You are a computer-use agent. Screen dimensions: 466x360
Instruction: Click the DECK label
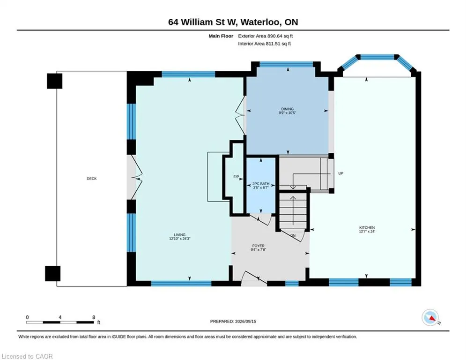(91, 179)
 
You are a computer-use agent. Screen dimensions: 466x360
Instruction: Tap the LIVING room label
(180, 235)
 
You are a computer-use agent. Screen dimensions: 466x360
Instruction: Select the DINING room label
(288, 109)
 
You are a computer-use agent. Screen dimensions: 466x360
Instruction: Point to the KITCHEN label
(367, 228)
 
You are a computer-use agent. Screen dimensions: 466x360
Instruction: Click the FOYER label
(258, 246)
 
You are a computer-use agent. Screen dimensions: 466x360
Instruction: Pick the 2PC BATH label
(261, 184)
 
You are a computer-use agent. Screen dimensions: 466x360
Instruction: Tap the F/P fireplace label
(236, 177)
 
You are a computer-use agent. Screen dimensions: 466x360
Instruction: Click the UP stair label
(341, 173)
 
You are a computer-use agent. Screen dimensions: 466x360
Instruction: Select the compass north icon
(430, 318)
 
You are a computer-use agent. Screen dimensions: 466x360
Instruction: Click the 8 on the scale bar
(94, 317)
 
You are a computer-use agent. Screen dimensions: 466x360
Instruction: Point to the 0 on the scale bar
(27, 317)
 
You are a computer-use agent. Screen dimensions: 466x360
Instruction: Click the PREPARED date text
(233, 321)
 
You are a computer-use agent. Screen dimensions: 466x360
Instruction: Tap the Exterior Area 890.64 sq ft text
(266, 36)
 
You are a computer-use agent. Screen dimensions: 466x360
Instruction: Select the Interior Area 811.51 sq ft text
(265, 44)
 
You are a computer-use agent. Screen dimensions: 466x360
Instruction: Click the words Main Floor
(221, 36)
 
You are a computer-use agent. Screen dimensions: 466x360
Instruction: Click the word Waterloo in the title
(260, 22)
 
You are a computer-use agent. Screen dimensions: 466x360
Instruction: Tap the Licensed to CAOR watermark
(27, 356)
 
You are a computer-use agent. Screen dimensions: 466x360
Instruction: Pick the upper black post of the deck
(55, 81)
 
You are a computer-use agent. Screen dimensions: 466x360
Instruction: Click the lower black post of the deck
(52, 273)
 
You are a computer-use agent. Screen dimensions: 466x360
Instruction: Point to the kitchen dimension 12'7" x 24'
(367, 232)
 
